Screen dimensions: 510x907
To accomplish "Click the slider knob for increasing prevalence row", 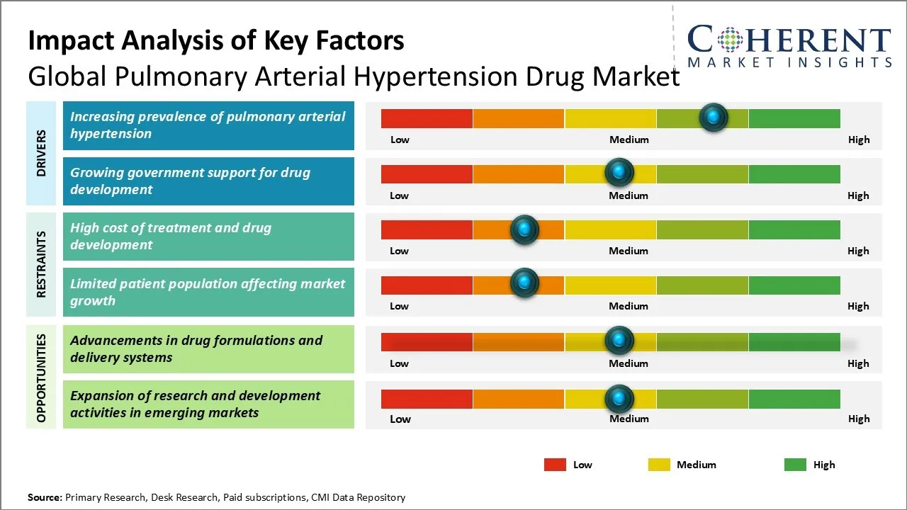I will [x=713, y=117].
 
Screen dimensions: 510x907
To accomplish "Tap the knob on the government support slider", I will [x=619, y=173].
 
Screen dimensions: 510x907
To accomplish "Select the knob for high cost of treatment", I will [x=524, y=229].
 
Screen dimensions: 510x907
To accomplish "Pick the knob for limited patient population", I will [x=524, y=283].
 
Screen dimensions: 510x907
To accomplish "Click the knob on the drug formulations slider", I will [x=619, y=341].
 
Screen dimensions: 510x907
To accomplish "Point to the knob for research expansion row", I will [x=619, y=399].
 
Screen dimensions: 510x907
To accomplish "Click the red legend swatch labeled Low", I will [x=555, y=465].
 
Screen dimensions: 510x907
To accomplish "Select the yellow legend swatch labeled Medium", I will [x=659, y=465].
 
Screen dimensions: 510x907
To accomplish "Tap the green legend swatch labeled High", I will [x=795, y=465].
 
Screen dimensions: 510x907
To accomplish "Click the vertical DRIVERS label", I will [x=41, y=153].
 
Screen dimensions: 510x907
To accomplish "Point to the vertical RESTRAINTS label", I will [x=41, y=264].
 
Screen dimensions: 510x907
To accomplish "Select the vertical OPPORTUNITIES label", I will [x=41, y=378].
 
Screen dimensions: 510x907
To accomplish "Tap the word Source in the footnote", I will [x=45, y=497].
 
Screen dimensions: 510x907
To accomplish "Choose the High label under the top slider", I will [x=859, y=140].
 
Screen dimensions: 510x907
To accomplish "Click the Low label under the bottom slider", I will [x=400, y=419].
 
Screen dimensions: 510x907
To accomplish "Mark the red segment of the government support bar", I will [x=427, y=174].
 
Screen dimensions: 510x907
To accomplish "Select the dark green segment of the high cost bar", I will [x=794, y=229].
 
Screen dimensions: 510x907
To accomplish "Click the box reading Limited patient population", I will [x=208, y=293].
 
